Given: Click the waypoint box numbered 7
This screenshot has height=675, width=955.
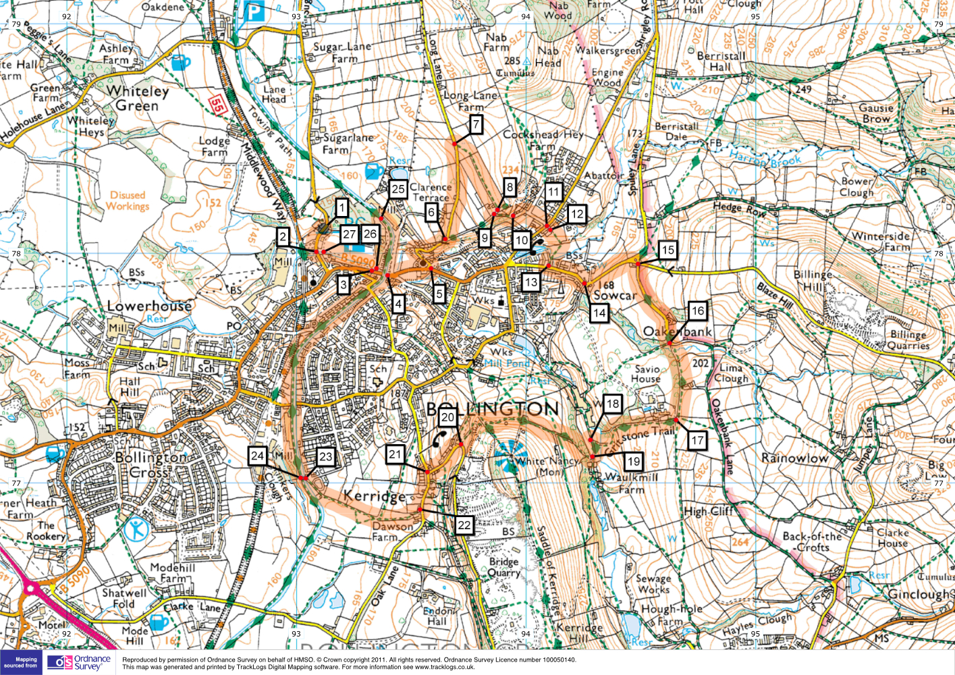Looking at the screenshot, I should pyautogui.click(x=476, y=124).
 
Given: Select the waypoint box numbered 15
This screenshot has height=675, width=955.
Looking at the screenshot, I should pyautogui.click(x=667, y=250).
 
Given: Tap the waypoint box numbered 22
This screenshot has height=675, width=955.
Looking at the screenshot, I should pyautogui.click(x=464, y=524).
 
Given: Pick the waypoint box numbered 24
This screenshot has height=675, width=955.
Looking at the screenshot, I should pyautogui.click(x=257, y=456).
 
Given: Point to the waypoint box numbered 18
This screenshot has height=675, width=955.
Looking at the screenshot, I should pyautogui.click(x=612, y=404).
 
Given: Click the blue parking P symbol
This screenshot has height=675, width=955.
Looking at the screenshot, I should pyautogui.click(x=253, y=11).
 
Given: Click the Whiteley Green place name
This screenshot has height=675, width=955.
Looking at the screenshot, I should pyautogui.click(x=138, y=98).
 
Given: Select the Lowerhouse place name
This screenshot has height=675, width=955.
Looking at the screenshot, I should pyautogui.click(x=148, y=306).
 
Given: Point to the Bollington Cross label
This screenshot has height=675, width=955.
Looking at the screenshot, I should pyautogui.click(x=151, y=464).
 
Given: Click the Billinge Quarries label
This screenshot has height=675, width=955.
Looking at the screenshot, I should pyautogui.click(x=909, y=340).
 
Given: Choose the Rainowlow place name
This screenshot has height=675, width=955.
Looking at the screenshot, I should pyautogui.click(x=794, y=458).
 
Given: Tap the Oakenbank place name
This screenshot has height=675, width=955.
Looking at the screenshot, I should pyautogui.click(x=677, y=332).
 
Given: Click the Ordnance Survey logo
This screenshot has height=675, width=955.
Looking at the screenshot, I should pyautogui.click(x=80, y=662).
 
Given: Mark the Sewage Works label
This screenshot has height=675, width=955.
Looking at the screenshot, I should pyautogui.click(x=653, y=584).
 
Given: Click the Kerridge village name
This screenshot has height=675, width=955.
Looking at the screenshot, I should pyautogui.click(x=375, y=496).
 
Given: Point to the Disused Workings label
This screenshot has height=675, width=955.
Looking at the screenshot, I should pyautogui.click(x=128, y=200).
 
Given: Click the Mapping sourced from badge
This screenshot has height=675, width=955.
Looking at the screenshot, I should pyautogui.click(x=22, y=662).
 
